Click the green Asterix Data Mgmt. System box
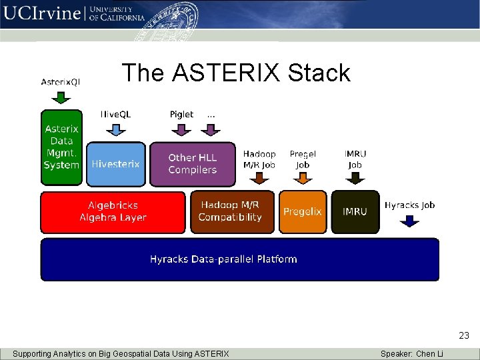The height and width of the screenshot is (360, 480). coord(61,147)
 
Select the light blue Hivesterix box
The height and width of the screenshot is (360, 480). coord(115,164)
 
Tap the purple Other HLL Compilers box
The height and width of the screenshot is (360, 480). coord(193,164)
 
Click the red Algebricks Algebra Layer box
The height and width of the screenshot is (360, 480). coord(113,212)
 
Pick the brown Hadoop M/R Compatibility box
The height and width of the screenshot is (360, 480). coord(231,212)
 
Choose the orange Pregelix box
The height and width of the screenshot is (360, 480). coord(303,212)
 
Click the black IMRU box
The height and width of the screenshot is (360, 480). coord(355,212)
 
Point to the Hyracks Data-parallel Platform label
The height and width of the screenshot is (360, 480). coord(223,259)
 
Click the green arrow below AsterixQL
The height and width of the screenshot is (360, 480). coord(61,97)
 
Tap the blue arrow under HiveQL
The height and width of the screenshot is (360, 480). coord(115,129)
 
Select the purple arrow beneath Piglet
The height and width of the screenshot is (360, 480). coord(181,129)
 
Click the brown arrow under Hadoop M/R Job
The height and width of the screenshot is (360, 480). coord(260,177)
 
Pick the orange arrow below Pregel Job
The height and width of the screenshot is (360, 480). coord(303,177)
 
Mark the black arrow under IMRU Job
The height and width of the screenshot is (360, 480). coord(355,177)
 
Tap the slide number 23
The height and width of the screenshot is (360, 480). coord(464,336)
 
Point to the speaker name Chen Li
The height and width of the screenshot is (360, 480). coord(429,353)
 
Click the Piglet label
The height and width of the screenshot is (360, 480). coord(181,114)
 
